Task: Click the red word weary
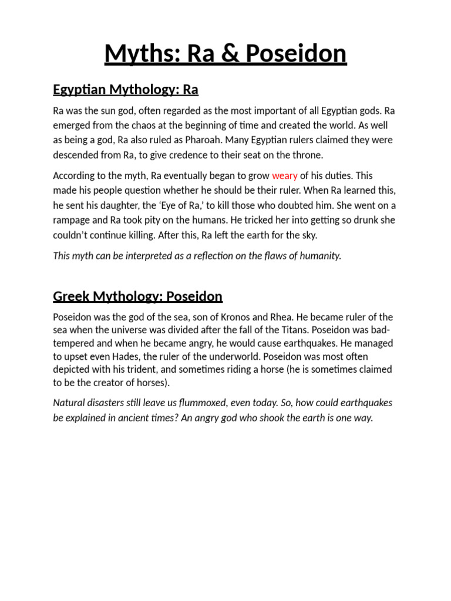coord(285,175)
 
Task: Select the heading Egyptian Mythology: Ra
coord(126,90)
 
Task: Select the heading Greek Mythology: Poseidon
coord(137,296)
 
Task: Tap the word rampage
coord(73,220)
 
